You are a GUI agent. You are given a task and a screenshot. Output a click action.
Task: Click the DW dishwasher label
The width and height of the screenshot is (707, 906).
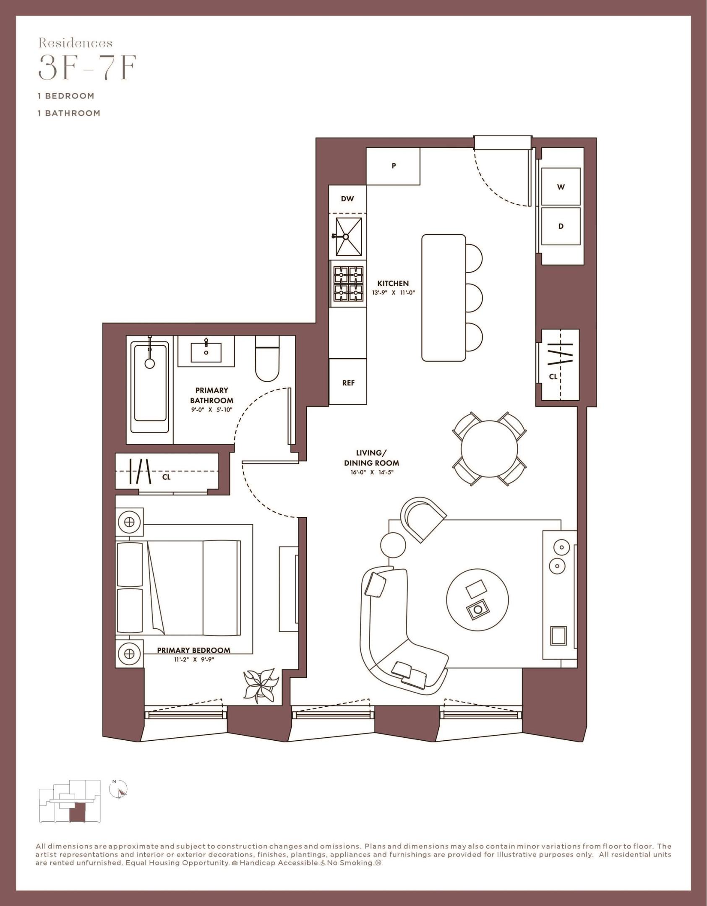(347, 199)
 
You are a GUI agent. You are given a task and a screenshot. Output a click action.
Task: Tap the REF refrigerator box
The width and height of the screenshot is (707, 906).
(348, 382)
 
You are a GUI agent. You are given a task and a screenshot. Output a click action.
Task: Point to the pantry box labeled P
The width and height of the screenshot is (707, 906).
(393, 166)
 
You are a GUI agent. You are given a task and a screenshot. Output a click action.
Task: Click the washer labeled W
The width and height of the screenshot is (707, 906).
(561, 187)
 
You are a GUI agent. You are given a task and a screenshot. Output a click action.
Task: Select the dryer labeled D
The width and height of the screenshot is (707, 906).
(561, 226)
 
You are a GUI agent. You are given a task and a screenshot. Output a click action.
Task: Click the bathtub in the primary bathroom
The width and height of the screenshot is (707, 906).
(150, 386)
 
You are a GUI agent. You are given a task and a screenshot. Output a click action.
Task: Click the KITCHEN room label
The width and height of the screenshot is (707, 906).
(393, 284)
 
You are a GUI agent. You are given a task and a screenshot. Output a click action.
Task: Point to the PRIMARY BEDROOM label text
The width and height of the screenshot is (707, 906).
(193, 650)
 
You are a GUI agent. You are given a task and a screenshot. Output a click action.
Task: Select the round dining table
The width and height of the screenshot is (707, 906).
(489, 448)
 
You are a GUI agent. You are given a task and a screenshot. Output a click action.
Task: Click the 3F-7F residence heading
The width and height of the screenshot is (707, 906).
(87, 70)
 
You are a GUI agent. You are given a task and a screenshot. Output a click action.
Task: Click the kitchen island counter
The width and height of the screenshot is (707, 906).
(444, 297)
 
